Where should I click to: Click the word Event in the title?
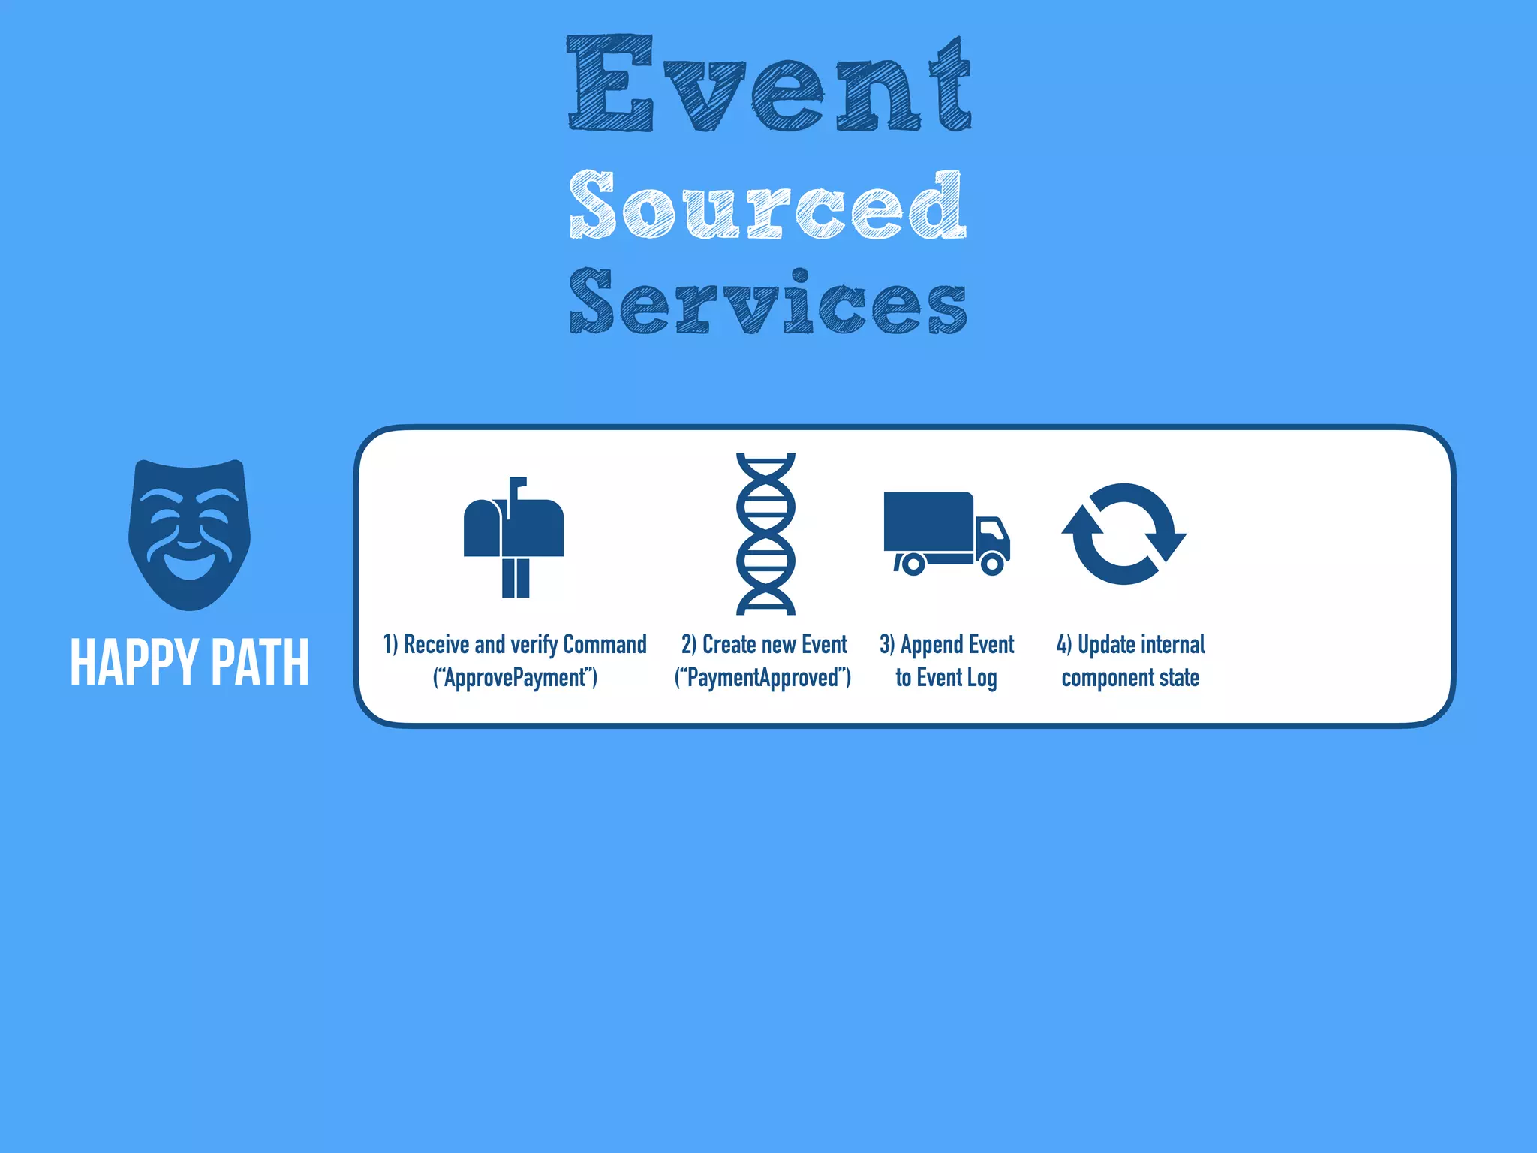tap(768, 84)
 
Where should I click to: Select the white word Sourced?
tap(767, 204)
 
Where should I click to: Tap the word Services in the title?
tap(768, 302)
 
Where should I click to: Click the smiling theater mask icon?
tap(189, 534)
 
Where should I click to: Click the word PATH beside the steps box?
tap(260, 662)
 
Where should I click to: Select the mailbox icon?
tap(514, 537)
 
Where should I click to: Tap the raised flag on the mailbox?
tap(518, 486)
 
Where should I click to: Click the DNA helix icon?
tap(765, 534)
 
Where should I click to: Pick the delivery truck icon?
tap(946, 533)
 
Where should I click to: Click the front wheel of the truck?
tap(992, 563)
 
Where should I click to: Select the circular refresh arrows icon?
tap(1123, 534)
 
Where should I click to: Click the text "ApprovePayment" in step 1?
tap(516, 678)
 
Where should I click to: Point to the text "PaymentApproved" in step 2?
tap(762, 678)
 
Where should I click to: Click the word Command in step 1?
tap(604, 644)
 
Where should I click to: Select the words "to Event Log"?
tap(946, 678)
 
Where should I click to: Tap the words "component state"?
tap(1130, 678)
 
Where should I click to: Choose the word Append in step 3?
tap(931, 644)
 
